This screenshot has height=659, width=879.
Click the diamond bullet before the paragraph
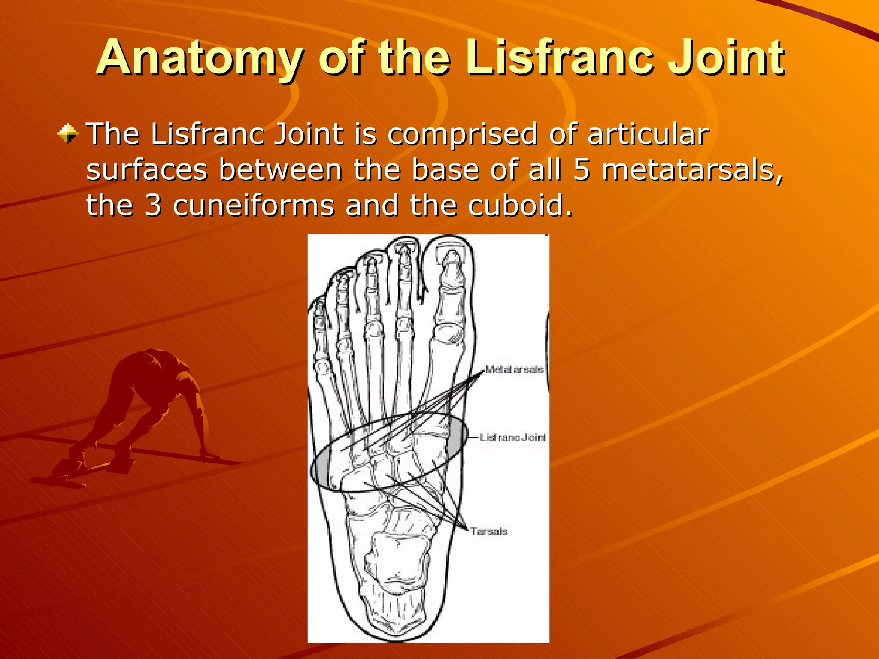(x=67, y=133)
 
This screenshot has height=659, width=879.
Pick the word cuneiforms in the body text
(x=253, y=205)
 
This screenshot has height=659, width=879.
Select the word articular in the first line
(x=648, y=134)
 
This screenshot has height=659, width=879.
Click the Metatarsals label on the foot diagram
(x=514, y=369)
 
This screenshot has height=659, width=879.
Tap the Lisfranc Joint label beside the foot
(x=512, y=437)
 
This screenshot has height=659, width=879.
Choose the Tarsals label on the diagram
(x=488, y=531)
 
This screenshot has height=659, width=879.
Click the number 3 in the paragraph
(x=153, y=205)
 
